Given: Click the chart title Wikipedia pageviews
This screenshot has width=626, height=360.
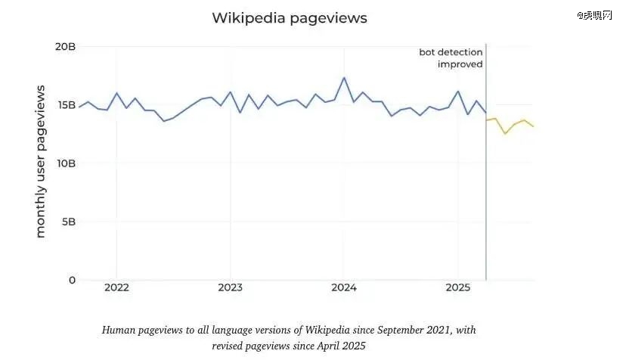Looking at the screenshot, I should (290, 18).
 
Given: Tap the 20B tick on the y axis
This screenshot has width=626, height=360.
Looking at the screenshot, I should (66, 46).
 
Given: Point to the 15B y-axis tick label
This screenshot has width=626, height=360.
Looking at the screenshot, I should (66, 104).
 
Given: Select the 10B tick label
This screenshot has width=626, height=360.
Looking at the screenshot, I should (66, 163).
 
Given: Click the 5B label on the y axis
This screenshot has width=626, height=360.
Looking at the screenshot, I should (68, 222).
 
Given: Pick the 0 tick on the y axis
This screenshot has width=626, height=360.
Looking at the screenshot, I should (72, 280).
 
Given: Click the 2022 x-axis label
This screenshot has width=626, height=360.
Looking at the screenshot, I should (116, 287).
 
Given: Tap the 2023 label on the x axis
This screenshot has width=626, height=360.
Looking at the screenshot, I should (230, 287).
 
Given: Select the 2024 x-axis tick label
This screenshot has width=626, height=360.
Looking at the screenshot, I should (343, 287).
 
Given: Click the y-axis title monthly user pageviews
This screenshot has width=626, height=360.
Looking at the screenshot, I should (41, 162).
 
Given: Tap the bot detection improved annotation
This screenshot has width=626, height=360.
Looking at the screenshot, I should (451, 58).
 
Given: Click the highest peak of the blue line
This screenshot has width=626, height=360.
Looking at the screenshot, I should (344, 78).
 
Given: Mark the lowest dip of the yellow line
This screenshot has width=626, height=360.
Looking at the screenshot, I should (505, 134).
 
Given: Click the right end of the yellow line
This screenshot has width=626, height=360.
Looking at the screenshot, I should (534, 126).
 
